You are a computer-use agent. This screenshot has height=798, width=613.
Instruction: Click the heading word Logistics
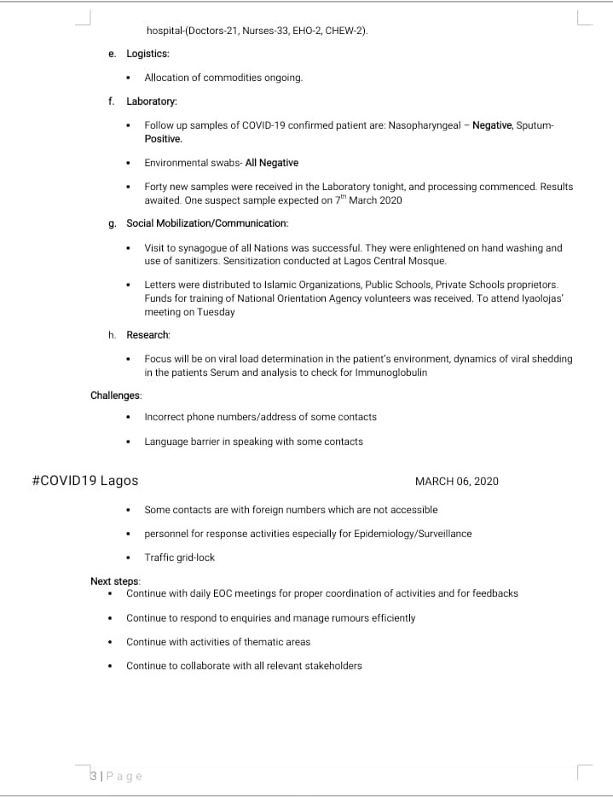(x=147, y=54)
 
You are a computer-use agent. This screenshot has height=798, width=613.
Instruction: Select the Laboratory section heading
(x=152, y=101)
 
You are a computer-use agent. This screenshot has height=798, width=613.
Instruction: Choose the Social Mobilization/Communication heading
(x=207, y=223)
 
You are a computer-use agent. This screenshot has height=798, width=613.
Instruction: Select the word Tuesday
(x=216, y=312)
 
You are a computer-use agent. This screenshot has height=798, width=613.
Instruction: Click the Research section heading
(x=148, y=335)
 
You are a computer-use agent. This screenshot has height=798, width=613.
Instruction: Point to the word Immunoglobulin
(x=388, y=373)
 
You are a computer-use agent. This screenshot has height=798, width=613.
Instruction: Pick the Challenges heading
(x=116, y=395)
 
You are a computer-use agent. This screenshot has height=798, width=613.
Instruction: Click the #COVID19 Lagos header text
(x=84, y=481)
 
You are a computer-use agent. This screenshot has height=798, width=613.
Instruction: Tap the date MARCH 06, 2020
(x=456, y=482)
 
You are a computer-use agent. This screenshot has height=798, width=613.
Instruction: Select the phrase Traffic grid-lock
(x=179, y=558)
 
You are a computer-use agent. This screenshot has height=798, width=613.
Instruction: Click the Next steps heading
(x=115, y=581)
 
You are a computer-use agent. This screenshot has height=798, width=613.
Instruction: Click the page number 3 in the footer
(x=92, y=776)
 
